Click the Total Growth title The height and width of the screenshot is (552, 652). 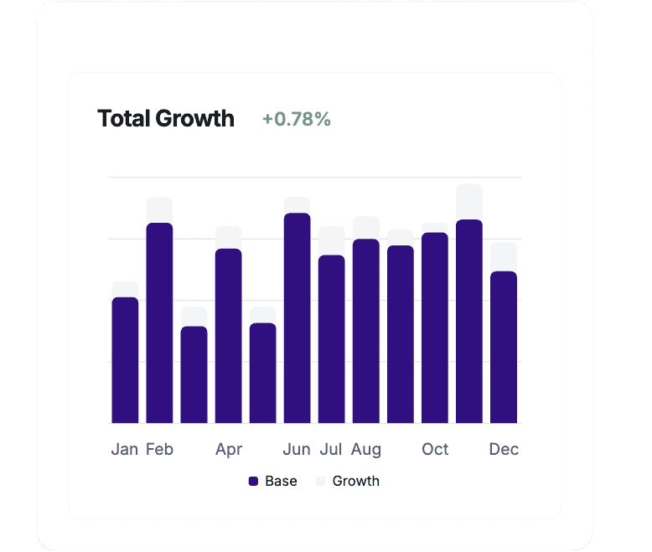click(166, 119)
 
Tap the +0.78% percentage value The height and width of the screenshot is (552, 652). click(297, 120)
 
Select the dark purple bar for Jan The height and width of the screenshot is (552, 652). click(125, 360)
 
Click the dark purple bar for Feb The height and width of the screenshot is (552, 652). click(159, 322)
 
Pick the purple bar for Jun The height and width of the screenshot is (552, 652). click(297, 318)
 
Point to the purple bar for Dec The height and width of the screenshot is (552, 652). click(504, 348)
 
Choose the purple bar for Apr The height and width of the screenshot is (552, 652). click(228, 335)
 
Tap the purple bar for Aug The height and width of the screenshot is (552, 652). click(366, 331)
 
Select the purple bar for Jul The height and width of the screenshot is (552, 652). click(331, 339)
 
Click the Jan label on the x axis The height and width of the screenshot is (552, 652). click(125, 450)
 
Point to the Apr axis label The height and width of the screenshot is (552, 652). click(229, 450)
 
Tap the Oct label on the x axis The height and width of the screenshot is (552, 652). click(435, 450)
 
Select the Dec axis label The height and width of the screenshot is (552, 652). click(504, 450)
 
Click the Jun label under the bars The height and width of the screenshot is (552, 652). click(297, 450)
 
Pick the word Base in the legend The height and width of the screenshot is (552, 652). click(281, 482)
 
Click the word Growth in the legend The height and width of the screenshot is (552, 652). click(356, 482)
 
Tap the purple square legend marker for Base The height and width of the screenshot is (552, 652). click(253, 482)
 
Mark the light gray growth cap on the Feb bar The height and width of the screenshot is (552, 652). click(159, 209)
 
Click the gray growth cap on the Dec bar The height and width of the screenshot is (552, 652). click(504, 256)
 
